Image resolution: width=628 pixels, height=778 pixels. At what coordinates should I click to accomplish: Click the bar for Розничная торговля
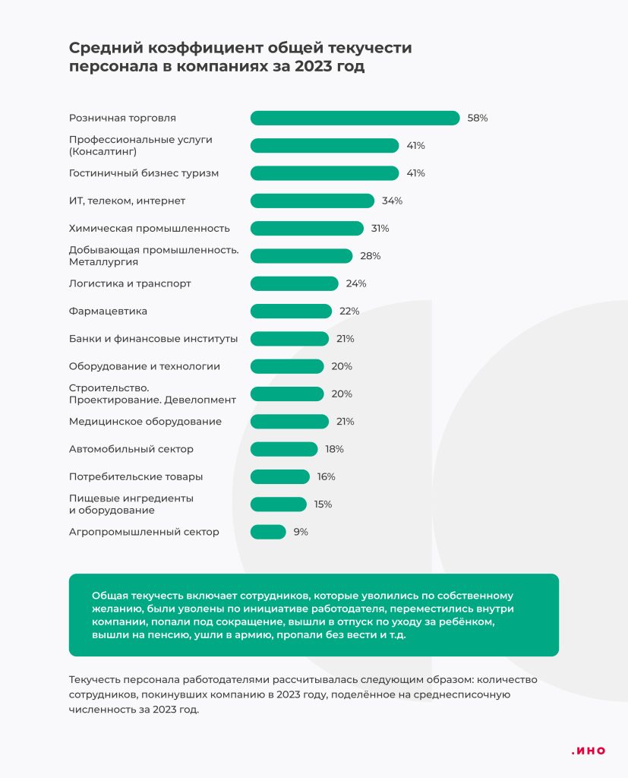coord(355,118)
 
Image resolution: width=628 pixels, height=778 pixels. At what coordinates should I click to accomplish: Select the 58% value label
coord(478,118)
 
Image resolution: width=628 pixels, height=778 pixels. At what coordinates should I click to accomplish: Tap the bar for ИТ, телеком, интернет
coord(312,201)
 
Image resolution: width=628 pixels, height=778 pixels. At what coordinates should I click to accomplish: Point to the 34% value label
coord(392,201)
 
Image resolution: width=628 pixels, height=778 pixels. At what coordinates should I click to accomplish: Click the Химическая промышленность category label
coord(149,228)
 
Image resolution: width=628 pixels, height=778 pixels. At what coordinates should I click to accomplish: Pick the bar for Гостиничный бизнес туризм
coord(324,173)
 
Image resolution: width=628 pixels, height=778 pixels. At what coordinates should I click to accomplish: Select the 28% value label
coord(371,256)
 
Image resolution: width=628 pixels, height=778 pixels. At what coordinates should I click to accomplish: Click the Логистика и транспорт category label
coord(130,283)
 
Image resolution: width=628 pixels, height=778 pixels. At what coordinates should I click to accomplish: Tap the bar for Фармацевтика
coord(291,311)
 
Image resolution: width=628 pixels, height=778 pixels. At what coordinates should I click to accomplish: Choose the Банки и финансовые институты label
coord(153,338)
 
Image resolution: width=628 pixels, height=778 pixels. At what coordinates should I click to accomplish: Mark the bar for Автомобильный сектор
coord(283,449)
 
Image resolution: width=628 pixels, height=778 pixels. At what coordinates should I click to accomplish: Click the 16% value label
coord(327,476)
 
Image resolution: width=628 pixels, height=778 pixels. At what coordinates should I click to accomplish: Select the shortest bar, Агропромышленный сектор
coord(268,532)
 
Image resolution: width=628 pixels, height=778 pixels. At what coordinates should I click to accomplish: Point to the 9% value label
coord(301,532)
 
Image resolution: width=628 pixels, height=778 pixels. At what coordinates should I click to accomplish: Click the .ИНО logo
coord(589,751)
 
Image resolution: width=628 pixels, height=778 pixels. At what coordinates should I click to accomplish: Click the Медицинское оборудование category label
coord(145,421)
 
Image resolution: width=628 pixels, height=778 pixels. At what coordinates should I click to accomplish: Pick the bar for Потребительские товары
coord(279,476)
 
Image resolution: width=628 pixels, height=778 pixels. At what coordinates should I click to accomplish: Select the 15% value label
coord(323,504)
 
